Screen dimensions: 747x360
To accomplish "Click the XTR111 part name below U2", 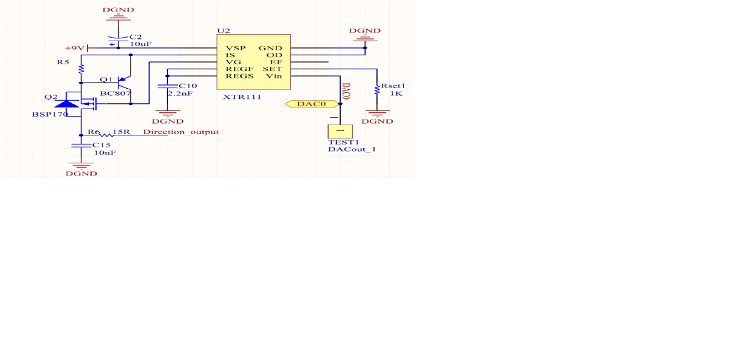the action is pos(242,97).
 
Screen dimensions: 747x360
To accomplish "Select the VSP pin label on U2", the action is pos(236,48).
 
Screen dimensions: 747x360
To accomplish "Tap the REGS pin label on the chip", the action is pos(239,76).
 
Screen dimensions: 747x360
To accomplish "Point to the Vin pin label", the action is pos(274,76).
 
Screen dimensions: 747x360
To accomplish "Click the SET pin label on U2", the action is pos(273,69).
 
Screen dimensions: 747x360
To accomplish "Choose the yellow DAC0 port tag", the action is pos(312,104).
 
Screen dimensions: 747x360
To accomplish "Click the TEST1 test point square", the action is pos(340,131).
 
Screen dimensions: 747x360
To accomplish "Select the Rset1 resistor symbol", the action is pos(377,89).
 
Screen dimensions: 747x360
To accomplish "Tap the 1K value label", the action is pos(397,93).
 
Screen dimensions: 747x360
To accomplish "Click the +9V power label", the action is pos(75,48).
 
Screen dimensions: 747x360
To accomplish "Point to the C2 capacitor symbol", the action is pos(118,39).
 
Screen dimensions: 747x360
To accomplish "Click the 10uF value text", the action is pos(141,44).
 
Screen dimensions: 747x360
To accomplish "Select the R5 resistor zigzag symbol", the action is pos(81,69).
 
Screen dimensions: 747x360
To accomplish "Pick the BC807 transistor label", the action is pos(115,93).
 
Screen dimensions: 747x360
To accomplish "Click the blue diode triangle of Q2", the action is pos(66,104).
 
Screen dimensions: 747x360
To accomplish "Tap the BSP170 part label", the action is pos(50,114).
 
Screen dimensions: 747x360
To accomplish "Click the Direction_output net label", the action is pos(181,132).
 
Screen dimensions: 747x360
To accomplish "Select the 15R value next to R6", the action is pos(121,132).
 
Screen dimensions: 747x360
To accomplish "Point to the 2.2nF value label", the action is pos(180,93).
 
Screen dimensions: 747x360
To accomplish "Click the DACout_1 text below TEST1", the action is pos(352,149).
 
